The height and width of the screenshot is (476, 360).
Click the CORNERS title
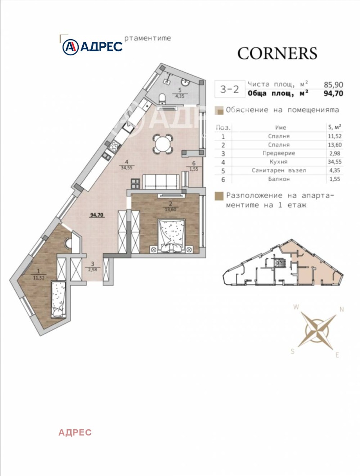277,54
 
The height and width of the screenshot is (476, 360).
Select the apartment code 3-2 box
229,89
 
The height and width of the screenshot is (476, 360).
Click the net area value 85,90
333,85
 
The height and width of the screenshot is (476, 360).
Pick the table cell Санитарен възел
279,171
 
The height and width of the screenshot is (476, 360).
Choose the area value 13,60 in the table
334,145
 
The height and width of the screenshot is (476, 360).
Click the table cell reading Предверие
279,153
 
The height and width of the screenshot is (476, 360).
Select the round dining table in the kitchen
163,143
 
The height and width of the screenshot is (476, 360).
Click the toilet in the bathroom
162,98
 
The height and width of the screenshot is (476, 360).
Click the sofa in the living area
160,181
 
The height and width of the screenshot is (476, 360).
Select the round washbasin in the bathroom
185,82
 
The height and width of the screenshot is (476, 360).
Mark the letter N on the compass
342,310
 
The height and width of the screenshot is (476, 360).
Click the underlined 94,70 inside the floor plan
97,215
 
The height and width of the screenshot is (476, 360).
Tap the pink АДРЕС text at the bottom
75,432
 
